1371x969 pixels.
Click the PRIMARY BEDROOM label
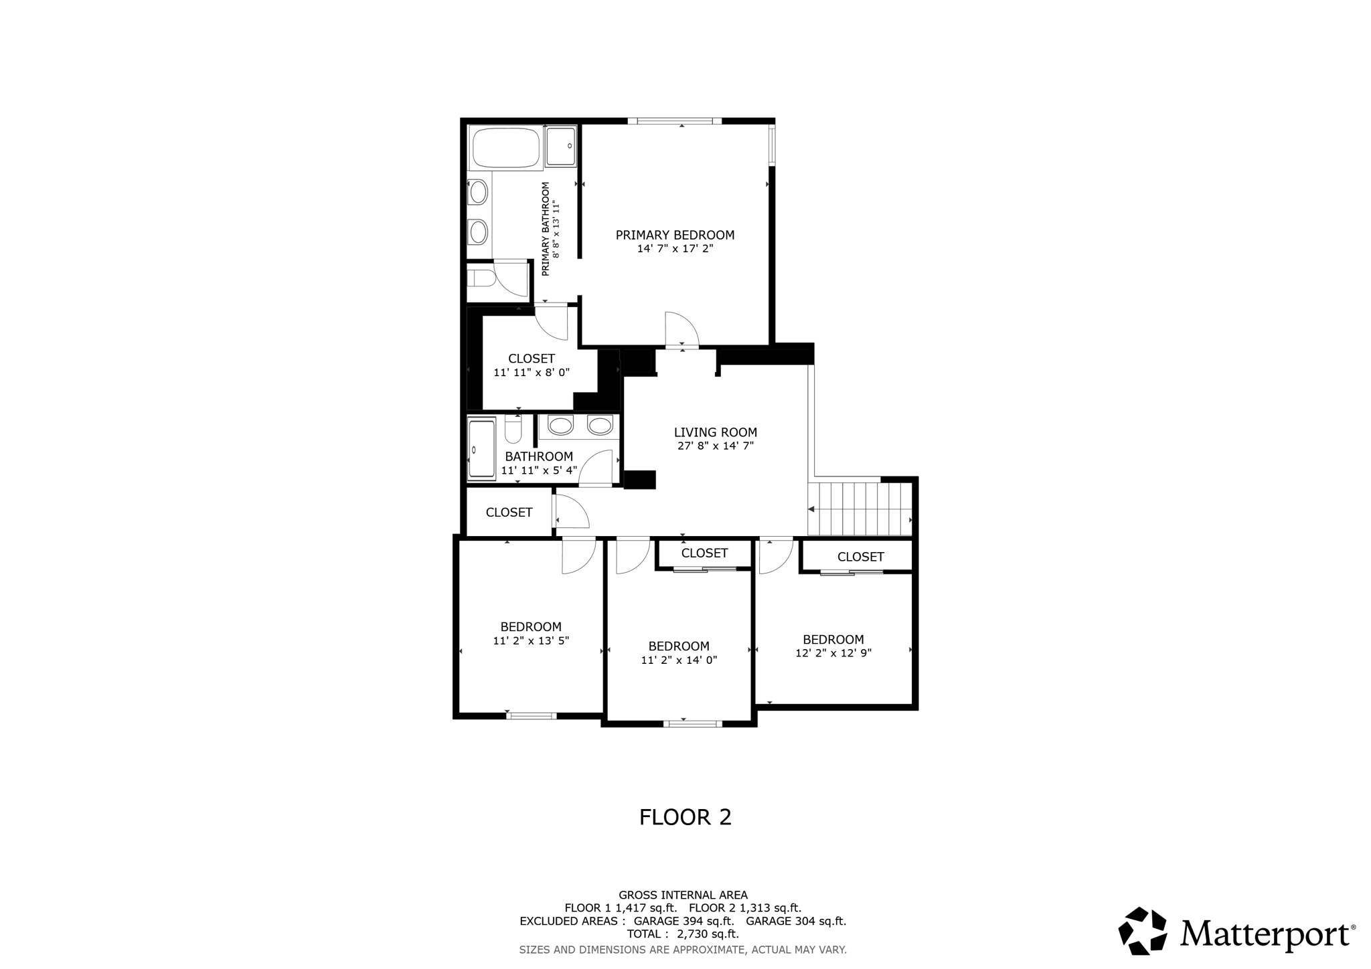[x=675, y=235]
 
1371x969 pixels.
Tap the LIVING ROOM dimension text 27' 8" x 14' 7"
[x=715, y=446]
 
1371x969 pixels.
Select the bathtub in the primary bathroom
[x=505, y=148]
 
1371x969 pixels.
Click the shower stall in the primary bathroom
[x=560, y=147]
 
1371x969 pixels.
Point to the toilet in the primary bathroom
[x=481, y=277]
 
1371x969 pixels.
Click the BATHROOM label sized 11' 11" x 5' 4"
[x=539, y=456]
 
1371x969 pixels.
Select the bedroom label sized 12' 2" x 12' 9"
[x=833, y=639]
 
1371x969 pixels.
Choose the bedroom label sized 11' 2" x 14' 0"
[x=678, y=646]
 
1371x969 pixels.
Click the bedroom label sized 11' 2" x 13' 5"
[x=531, y=627]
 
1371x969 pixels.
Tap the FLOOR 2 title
[x=685, y=817]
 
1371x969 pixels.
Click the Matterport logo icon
[x=1144, y=930]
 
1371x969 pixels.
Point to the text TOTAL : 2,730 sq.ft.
[x=682, y=934]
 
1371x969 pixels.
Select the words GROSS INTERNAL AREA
[x=682, y=895]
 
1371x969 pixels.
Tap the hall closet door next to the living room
[x=571, y=512]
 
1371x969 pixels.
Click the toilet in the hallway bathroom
[x=513, y=430]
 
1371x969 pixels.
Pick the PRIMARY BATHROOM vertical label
[x=546, y=228]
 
